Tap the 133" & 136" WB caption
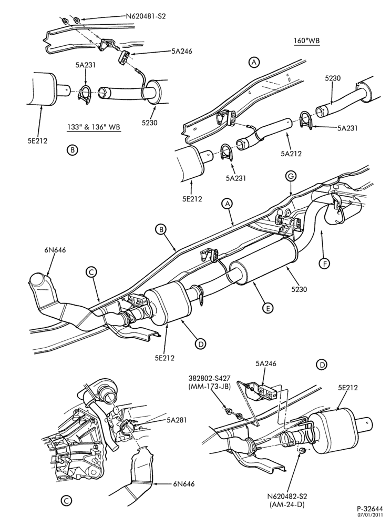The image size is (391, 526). pyautogui.click(x=94, y=127)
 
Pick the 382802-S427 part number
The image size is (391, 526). pyautogui.click(x=209, y=379)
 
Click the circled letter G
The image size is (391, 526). pyautogui.click(x=291, y=176)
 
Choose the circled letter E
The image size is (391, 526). pyautogui.click(x=267, y=308)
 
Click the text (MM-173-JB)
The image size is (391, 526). pyautogui.click(x=210, y=387)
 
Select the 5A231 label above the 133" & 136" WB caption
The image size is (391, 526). pyautogui.click(x=86, y=65)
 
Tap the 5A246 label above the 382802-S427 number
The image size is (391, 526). pyautogui.click(x=266, y=363)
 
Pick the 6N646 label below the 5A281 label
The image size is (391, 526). pyautogui.click(x=183, y=484)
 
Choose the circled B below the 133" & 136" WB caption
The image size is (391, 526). pyautogui.click(x=72, y=150)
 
